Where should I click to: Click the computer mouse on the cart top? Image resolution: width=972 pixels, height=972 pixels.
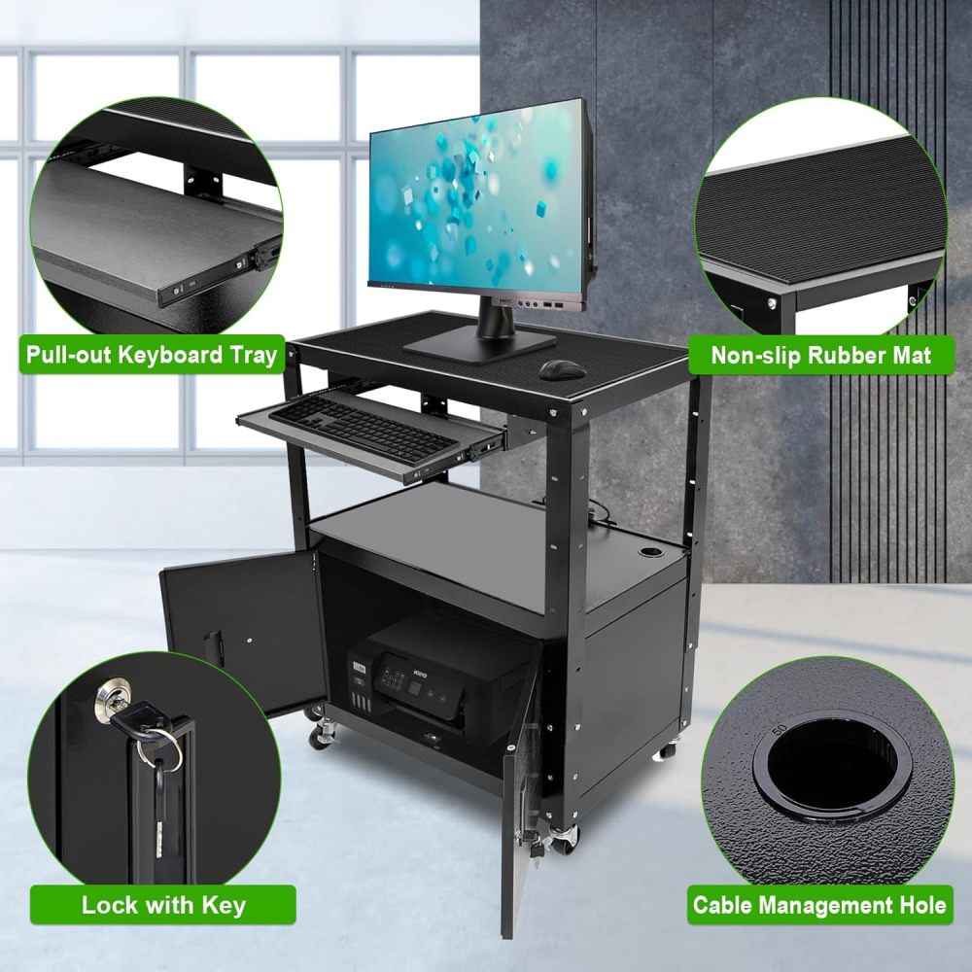click(563, 369)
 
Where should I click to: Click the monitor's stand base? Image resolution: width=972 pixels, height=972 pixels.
click(480, 342)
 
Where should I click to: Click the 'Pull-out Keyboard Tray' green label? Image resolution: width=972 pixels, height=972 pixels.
click(152, 354)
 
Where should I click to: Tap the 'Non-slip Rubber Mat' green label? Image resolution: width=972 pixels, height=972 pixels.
click(820, 355)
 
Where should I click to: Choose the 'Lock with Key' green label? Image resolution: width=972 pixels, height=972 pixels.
click(163, 906)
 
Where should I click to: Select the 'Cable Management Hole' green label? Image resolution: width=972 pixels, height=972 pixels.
click(819, 906)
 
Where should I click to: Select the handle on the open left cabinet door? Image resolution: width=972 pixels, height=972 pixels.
click(213, 647)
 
